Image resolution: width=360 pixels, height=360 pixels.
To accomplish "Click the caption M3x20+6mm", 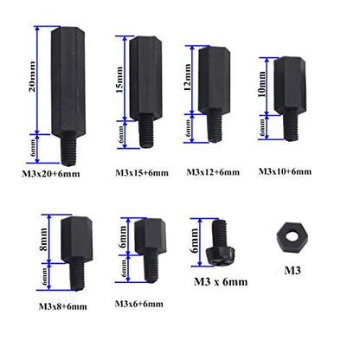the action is [x=51, y=174].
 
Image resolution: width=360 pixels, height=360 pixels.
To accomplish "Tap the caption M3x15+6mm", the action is [x=142, y=173].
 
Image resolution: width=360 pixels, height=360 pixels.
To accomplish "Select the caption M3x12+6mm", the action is [x=213, y=172].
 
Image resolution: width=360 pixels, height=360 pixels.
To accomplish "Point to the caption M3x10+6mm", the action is [x=285, y=171].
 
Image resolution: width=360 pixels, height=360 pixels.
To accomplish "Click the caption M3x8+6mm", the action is [x=63, y=306].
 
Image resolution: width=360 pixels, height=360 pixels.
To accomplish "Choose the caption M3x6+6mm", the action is [x=139, y=304].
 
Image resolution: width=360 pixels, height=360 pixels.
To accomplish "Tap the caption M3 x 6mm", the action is [x=221, y=281].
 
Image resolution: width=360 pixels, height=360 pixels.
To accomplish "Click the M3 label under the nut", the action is [x=292, y=271].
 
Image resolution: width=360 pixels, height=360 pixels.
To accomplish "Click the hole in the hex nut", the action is [x=292, y=236].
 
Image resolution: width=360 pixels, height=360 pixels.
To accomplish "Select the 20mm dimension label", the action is [x=32, y=76].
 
